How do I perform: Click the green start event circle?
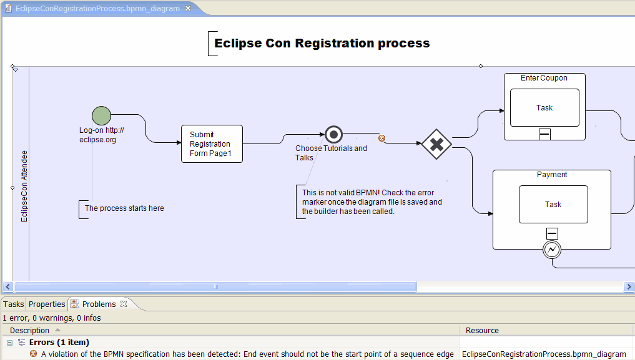pyautogui.click(x=101, y=115)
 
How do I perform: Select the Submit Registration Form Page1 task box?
pyautogui.click(x=212, y=144)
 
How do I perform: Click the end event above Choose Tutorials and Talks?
pyautogui.click(x=333, y=134)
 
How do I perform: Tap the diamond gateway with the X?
pyautogui.click(x=436, y=144)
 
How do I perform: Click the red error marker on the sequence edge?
pyautogui.click(x=381, y=139)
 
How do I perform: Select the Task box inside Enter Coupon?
pyautogui.click(x=544, y=107)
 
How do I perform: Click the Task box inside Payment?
pyautogui.click(x=553, y=204)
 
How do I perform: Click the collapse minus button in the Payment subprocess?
pyautogui.click(x=553, y=233)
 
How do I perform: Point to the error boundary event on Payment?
pyautogui.click(x=552, y=250)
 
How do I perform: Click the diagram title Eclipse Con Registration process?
pyautogui.click(x=322, y=43)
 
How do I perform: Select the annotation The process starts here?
pyautogui.click(x=124, y=208)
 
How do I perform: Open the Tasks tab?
pyautogui.click(x=13, y=304)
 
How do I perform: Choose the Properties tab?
pyautogui.click(x=47, y=304)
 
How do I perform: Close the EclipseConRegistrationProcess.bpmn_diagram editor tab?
pyautogui.click(x=188, y=8)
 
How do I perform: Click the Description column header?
pyautogui.click(x=29, y=331)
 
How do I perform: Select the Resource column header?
pyautogui.click(x=482, y=331)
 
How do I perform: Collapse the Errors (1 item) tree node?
pyautogui.click(x=10, y=343)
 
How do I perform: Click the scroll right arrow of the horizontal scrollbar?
pyautogui.click(x=629, y=287)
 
